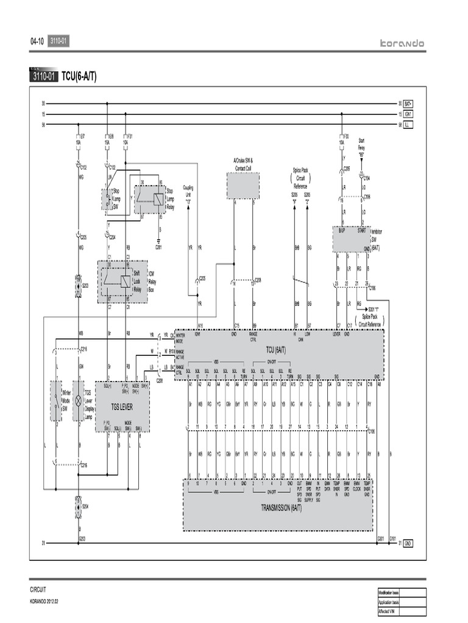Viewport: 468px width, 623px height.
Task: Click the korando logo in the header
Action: [402, 43]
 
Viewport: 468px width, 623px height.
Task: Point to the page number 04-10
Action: [37, 42]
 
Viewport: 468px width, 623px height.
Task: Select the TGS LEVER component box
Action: [122, 406]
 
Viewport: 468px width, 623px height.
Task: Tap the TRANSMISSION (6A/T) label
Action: [277, 507]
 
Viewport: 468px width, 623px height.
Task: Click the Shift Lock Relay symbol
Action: [125, 280]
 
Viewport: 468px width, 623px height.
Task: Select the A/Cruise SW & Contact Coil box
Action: [243, 185]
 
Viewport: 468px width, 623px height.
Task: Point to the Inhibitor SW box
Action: [352, 239]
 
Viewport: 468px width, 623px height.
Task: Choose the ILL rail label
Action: [408, 124]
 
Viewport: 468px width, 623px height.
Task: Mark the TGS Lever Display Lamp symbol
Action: [78, 402]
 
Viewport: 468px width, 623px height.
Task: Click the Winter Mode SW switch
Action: [55, 402]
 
